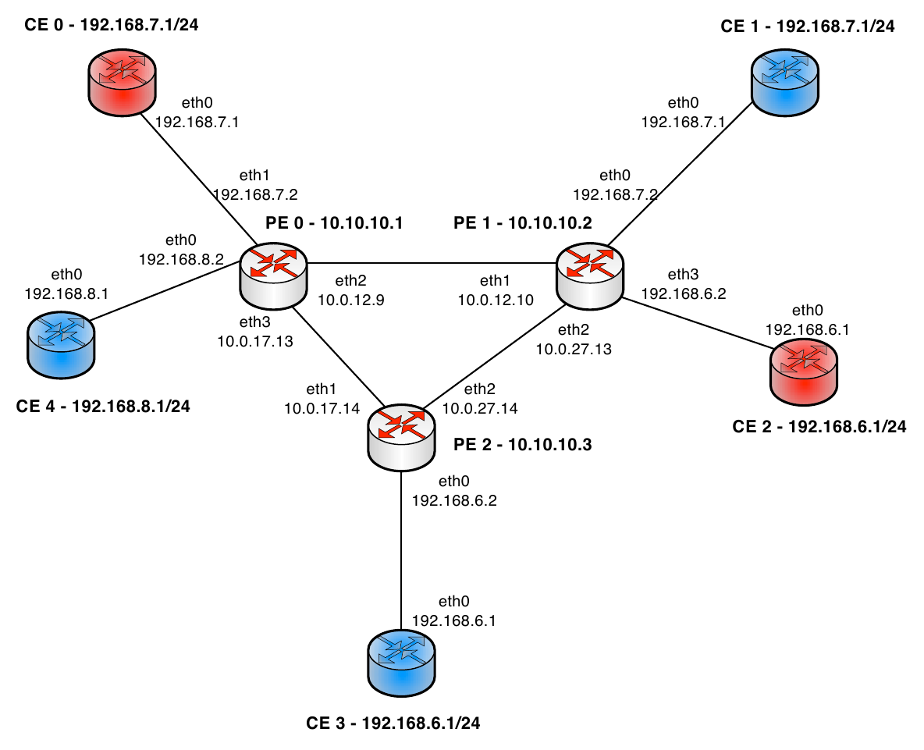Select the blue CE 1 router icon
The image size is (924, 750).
coord(786,80)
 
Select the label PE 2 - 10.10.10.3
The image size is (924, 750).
coord(523,446)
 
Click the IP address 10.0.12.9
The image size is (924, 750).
coord(351,298)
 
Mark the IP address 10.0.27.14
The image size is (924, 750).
coord(480,407)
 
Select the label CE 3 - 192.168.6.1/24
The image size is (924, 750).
coord(393,723)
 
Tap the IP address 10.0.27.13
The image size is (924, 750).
coord(574,349)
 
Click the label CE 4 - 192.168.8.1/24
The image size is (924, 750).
coord(103,406)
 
